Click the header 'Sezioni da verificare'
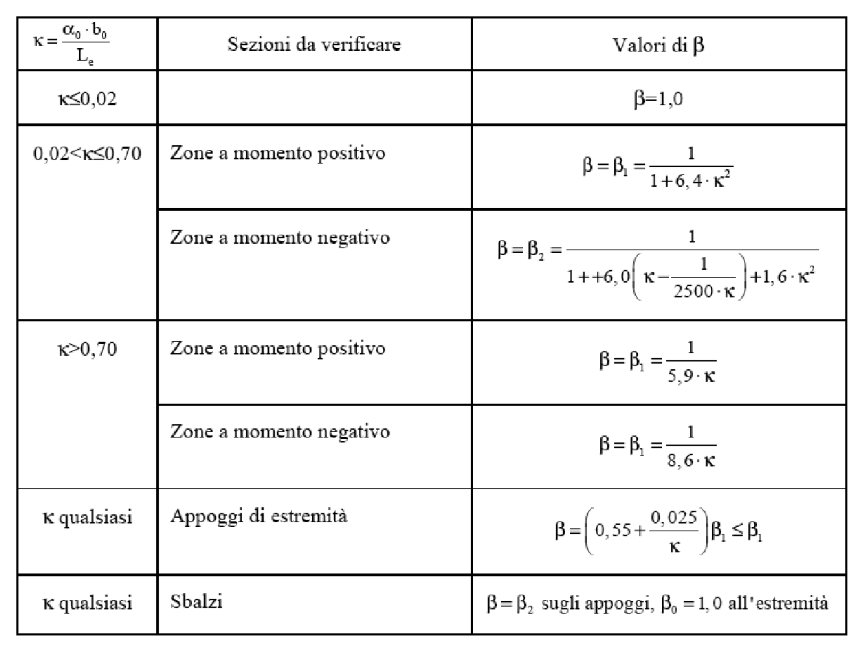click(314, 44)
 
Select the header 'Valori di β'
click(658, 45)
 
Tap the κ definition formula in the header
click(71, 44)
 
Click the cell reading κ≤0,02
click(87, 99)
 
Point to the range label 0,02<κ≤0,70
click(87, 154)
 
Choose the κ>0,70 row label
click(87, 349)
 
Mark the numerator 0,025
click(674, 517)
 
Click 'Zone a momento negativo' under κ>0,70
click(280, 431)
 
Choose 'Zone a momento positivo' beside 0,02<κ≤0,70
click(278, 154)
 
